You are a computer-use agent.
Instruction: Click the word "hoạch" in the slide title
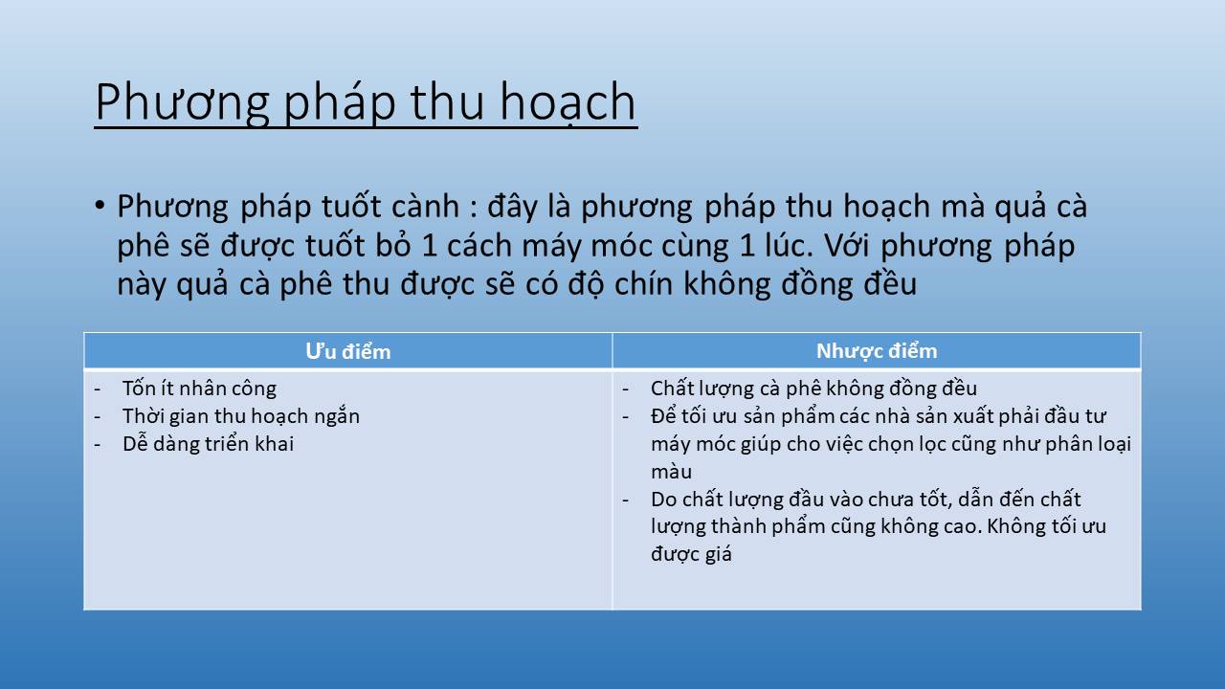pos(568,102)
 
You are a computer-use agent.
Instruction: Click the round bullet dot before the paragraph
pos(99,206)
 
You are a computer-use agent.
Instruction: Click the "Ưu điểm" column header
pos(347,351)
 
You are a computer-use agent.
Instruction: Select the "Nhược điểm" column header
pos(877,351)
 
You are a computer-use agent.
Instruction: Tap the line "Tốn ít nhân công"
pos(199,389)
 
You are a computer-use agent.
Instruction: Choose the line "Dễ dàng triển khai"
pos(208,443)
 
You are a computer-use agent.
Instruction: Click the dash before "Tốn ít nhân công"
pos(98,389)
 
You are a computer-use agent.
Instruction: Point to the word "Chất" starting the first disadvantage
pos(671,389)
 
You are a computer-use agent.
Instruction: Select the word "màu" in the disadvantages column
pos(671,472)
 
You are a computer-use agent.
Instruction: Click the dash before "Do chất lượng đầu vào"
pos(626,500)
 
